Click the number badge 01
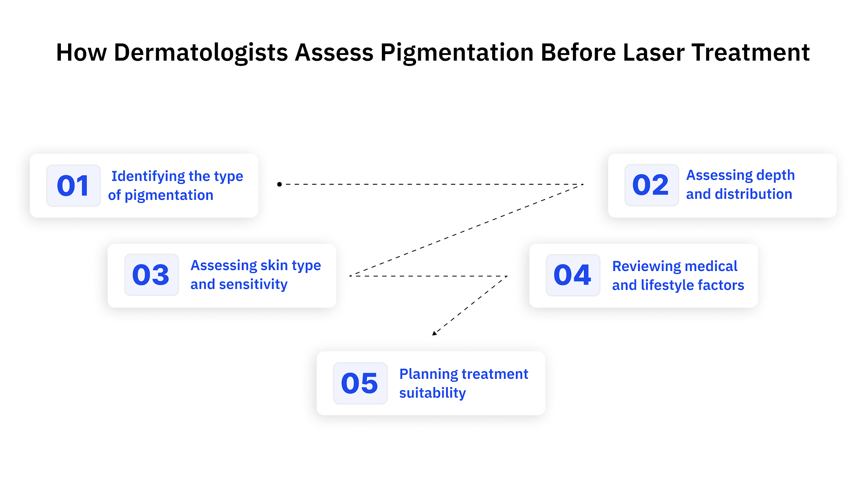click(x=73, y=186)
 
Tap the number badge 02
click(x=651, y=185)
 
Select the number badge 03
click(x=151, y=275)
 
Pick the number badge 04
click(x=573, y=275)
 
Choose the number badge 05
click(x=360, y=383)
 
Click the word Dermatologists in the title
click(x=201, y=52)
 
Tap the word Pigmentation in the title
click(x=457, y=53)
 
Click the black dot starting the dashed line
click(x=280, y=184)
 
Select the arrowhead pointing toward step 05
click(x=435, y=333)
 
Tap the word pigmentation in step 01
click(x=169, y=196)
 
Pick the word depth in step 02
click(x=775, y=175)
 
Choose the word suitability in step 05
click(x=432, y=393)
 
